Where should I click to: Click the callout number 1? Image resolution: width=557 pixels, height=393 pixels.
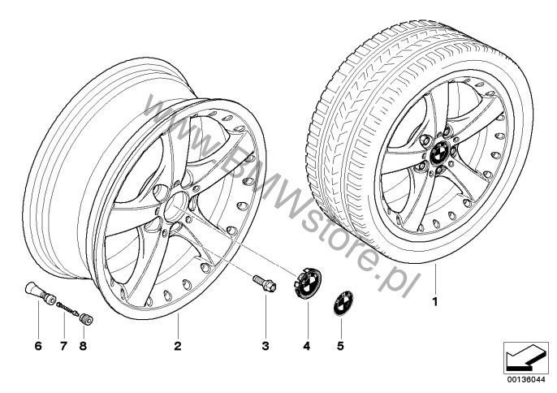435,302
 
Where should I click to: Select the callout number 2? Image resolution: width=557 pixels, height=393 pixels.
178,346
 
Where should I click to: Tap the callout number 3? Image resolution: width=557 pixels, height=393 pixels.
266,346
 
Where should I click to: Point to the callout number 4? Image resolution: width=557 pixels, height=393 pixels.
307,346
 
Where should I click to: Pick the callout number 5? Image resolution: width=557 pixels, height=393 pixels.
341,346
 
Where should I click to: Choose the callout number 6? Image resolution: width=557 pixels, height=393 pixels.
38,346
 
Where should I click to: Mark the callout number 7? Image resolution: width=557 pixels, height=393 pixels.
63,346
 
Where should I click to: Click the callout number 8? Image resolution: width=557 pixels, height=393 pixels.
83,346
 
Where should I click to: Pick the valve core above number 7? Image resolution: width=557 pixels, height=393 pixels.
67,307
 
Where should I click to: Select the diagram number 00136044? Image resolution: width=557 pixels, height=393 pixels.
526,380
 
